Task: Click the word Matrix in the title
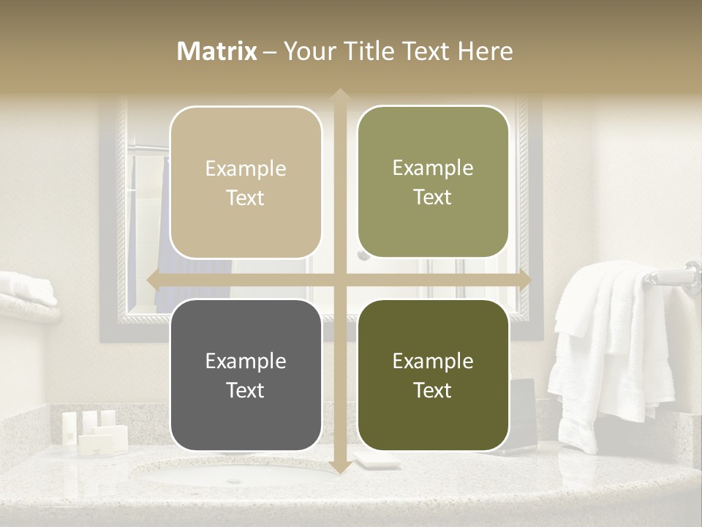tap(217, 51)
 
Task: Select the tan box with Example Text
tap(246, 182)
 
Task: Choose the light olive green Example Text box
tap(433, 182)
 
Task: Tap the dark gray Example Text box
tap(246, 375)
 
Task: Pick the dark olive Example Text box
tap(433, 375)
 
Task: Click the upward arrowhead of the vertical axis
tap(339, 94)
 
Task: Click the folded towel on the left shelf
tap(26, 288)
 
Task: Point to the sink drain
tap(233, 481)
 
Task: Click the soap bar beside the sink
tap(376, 460)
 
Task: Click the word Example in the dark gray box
tap(246, 361)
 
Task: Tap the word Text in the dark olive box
tap(433, 390)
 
